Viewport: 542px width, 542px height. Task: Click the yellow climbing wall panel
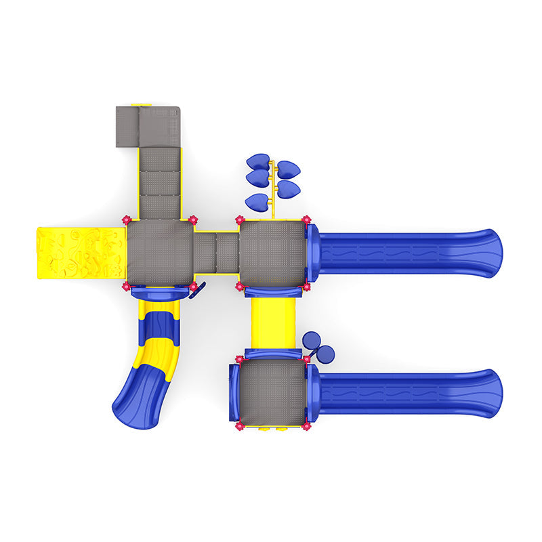[81, 252]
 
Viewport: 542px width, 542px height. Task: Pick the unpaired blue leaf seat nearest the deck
[257, 201]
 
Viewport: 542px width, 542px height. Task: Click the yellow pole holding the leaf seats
[272, 190]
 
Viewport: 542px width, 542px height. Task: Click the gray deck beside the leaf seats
[272, 253]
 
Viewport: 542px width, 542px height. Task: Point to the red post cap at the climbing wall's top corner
[125, 220]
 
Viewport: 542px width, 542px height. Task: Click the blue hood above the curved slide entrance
[159, 293]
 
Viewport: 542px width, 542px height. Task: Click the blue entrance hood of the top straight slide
[312, 253]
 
